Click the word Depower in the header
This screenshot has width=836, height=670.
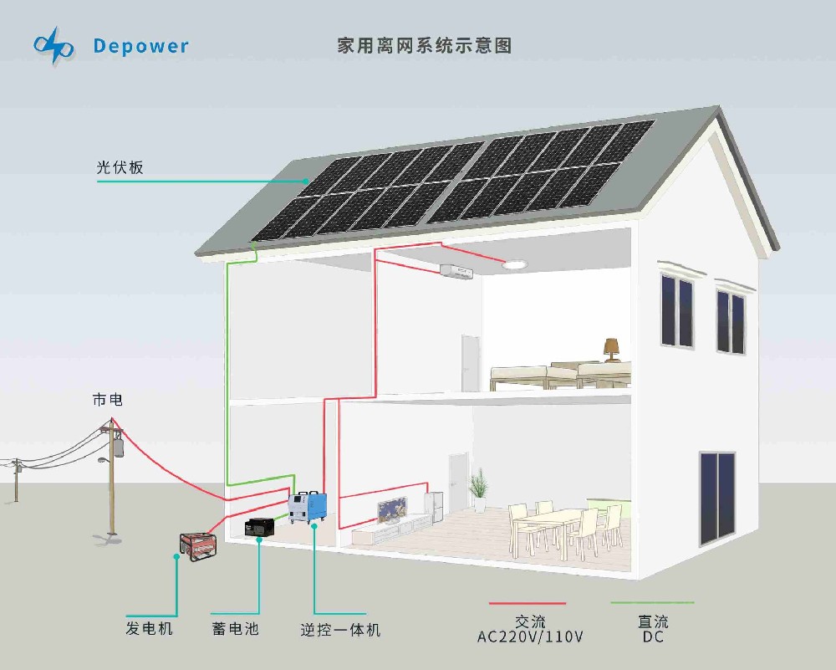[141, 46]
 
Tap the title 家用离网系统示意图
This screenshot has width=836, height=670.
[424, 46]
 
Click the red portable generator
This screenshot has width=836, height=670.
[198, 545]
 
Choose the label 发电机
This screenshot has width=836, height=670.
[150, 628]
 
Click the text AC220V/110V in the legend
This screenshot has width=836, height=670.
[530, 637]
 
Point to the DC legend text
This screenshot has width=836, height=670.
[653, 637]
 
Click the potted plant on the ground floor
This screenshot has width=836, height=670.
[478, 489]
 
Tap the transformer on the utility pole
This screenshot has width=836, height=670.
[119, 447]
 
